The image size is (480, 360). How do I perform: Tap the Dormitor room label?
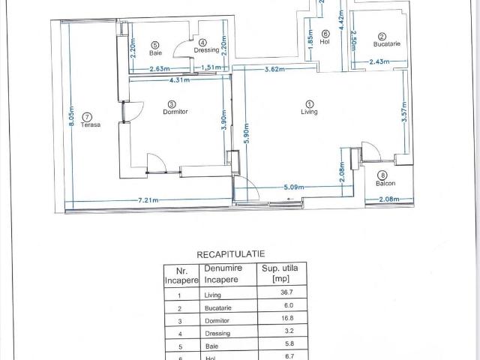tap(174, 112)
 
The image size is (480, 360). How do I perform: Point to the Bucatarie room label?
tap(387, 44)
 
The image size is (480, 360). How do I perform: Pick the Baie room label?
tap(155, 53)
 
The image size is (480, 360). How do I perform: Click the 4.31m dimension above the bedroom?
tap(178, 79)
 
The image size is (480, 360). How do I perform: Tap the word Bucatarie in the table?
tap(218, 307)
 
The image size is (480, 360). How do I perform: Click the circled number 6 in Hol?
tap(325, 33)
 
